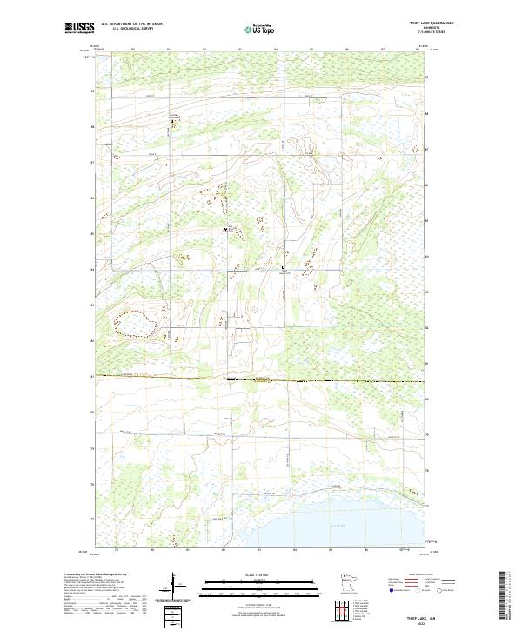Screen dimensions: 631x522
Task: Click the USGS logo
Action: (x=79, y=27)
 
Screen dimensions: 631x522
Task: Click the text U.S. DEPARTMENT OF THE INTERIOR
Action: (x=131, y=23)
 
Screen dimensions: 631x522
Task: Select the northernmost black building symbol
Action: (x=171, y=121)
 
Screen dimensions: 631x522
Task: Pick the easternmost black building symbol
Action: (x=283, y=267)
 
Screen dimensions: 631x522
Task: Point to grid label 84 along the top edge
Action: (x=275, y=50)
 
